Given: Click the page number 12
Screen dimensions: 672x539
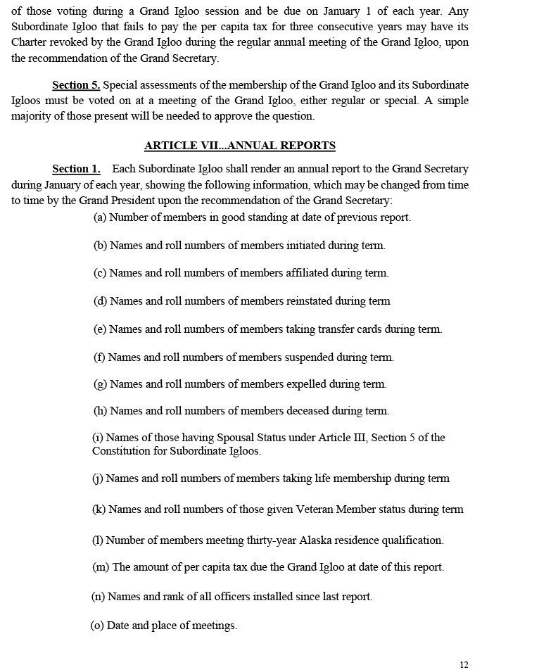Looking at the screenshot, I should pyautogui.click(x=464, y=665).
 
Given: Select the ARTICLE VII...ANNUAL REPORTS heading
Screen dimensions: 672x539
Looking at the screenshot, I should pyautogui.click(x=239, y=146).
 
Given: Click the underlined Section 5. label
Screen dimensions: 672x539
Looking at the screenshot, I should pyautogui.click(x=76, y=85).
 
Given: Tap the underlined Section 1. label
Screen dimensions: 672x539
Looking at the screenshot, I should pyautogui.click(x=76, y=169).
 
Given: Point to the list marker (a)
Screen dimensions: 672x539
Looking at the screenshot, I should pyautogui.click(x=100, y=217).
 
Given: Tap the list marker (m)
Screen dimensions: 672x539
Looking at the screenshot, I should pyautogui.click(x=101, y=567).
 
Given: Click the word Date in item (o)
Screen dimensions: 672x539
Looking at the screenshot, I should pyautogui.click(x=118, y=626).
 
